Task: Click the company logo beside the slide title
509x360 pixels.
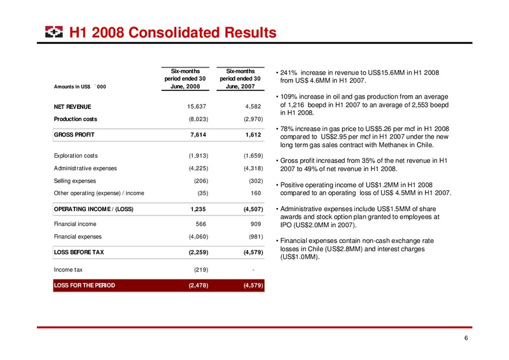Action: point(54,32)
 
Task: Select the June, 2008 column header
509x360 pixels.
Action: point(185,79)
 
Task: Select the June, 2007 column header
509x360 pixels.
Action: point(241,79)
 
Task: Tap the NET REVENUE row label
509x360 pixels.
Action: point(73,107)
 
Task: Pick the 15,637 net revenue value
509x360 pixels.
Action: point(197,106)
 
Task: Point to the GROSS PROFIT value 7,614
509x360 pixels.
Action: point(198,135)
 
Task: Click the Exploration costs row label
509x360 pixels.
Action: point(76,156)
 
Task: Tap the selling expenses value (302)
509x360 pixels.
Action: point(256,181)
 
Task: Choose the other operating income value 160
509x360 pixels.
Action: point(256,193)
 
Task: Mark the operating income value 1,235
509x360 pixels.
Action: point(198,209)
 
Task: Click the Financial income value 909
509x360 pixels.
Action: point(256,224)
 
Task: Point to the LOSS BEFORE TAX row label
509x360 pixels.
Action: point(79,253)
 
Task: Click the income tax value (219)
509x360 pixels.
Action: point(201,270)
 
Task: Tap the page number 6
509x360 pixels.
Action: point(466,338)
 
